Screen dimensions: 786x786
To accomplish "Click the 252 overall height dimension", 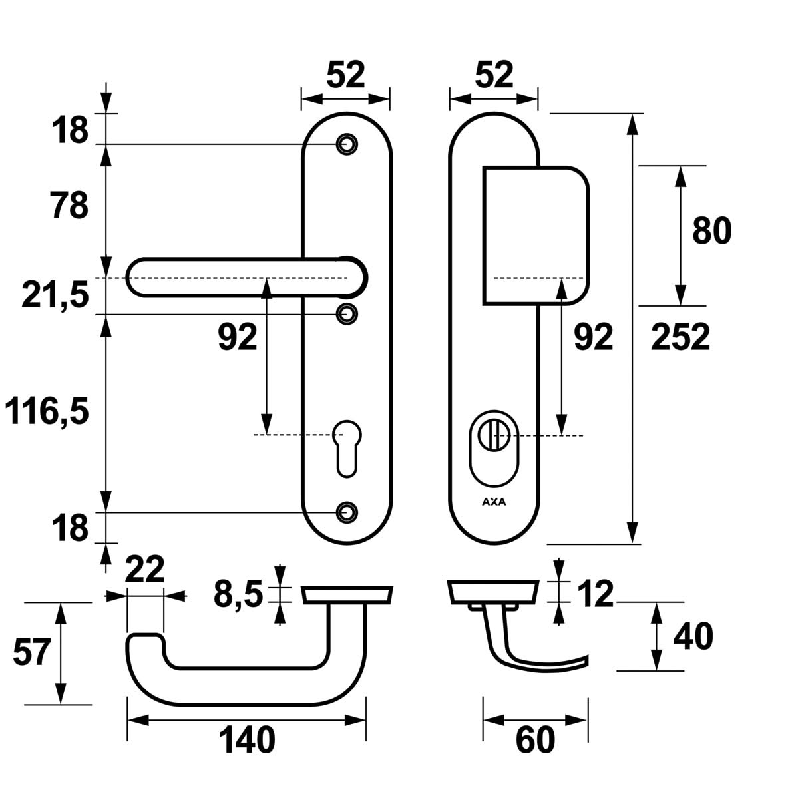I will [x=680, y=337].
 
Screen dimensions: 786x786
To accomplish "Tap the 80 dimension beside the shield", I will [x=711, y=231].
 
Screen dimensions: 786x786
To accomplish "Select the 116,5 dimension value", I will [x=47, y=412].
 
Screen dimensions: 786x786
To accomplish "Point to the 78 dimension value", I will [x=69, y=206].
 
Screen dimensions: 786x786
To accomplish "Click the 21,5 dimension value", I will [x=55, y=295].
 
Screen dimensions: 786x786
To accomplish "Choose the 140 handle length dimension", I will [x=246, y=740].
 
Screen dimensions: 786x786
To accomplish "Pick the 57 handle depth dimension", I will [x=31, y=652].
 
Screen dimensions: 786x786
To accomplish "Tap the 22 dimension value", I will [x=144, y=570].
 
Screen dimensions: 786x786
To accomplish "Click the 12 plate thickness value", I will [x=596, y=594].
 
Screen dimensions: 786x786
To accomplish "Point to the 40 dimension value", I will [x=693, y=636].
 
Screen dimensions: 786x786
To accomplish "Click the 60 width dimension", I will [x=535, y=740].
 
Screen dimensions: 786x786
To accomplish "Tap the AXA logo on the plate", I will [x=493, y=502].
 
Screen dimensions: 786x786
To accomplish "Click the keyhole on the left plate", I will [x=345, y=447].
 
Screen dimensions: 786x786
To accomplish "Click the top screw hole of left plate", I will [x=346, y=144].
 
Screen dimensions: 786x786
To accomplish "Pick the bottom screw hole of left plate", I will [x=346, y=511].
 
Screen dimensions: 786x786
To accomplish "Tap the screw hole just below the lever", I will [x=346, y=313].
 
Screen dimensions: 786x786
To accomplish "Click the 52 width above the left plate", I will [x=346, y=75].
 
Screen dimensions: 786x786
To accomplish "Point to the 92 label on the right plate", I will [x=593, y=337].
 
